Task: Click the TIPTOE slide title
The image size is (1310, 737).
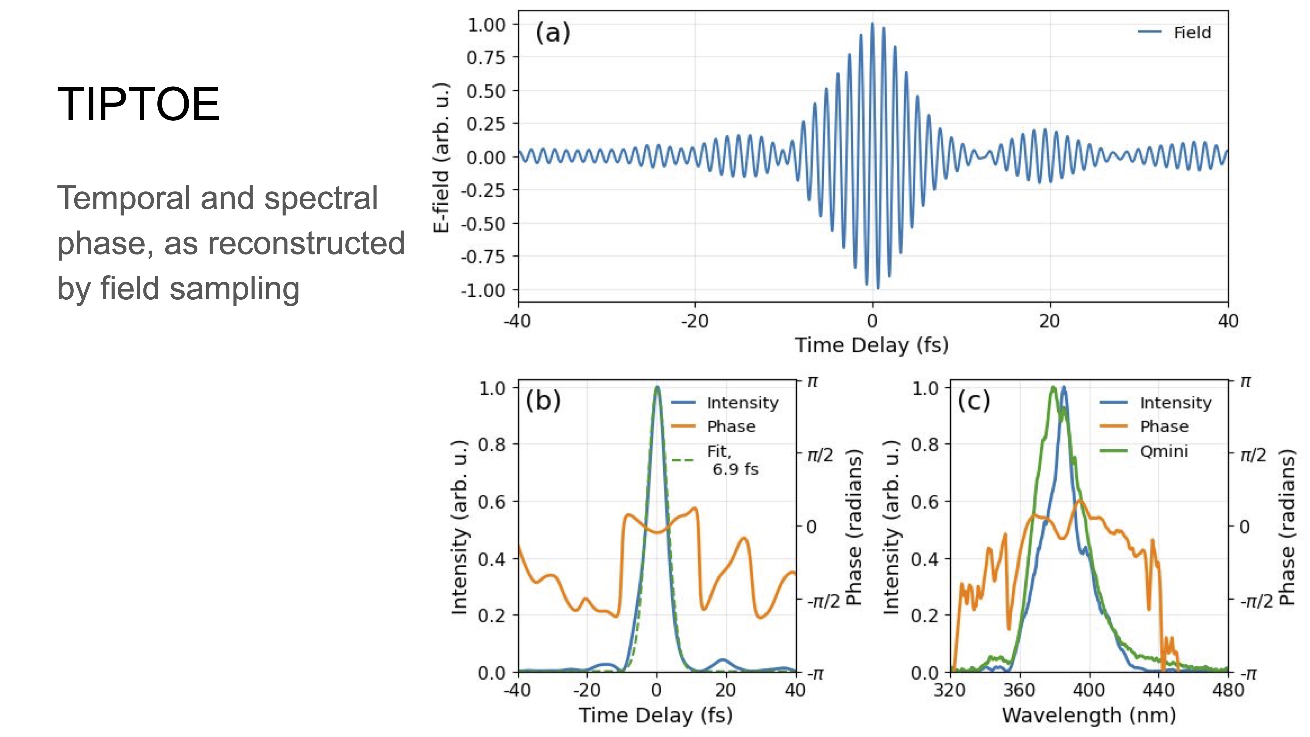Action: (138, 104)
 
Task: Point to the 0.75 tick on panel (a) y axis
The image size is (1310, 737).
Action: (486, 58)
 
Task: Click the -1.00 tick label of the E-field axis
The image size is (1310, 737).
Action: (483, 291)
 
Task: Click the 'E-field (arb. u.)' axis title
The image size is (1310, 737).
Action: (442, 157)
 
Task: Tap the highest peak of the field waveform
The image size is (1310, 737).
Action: (873, 24)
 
